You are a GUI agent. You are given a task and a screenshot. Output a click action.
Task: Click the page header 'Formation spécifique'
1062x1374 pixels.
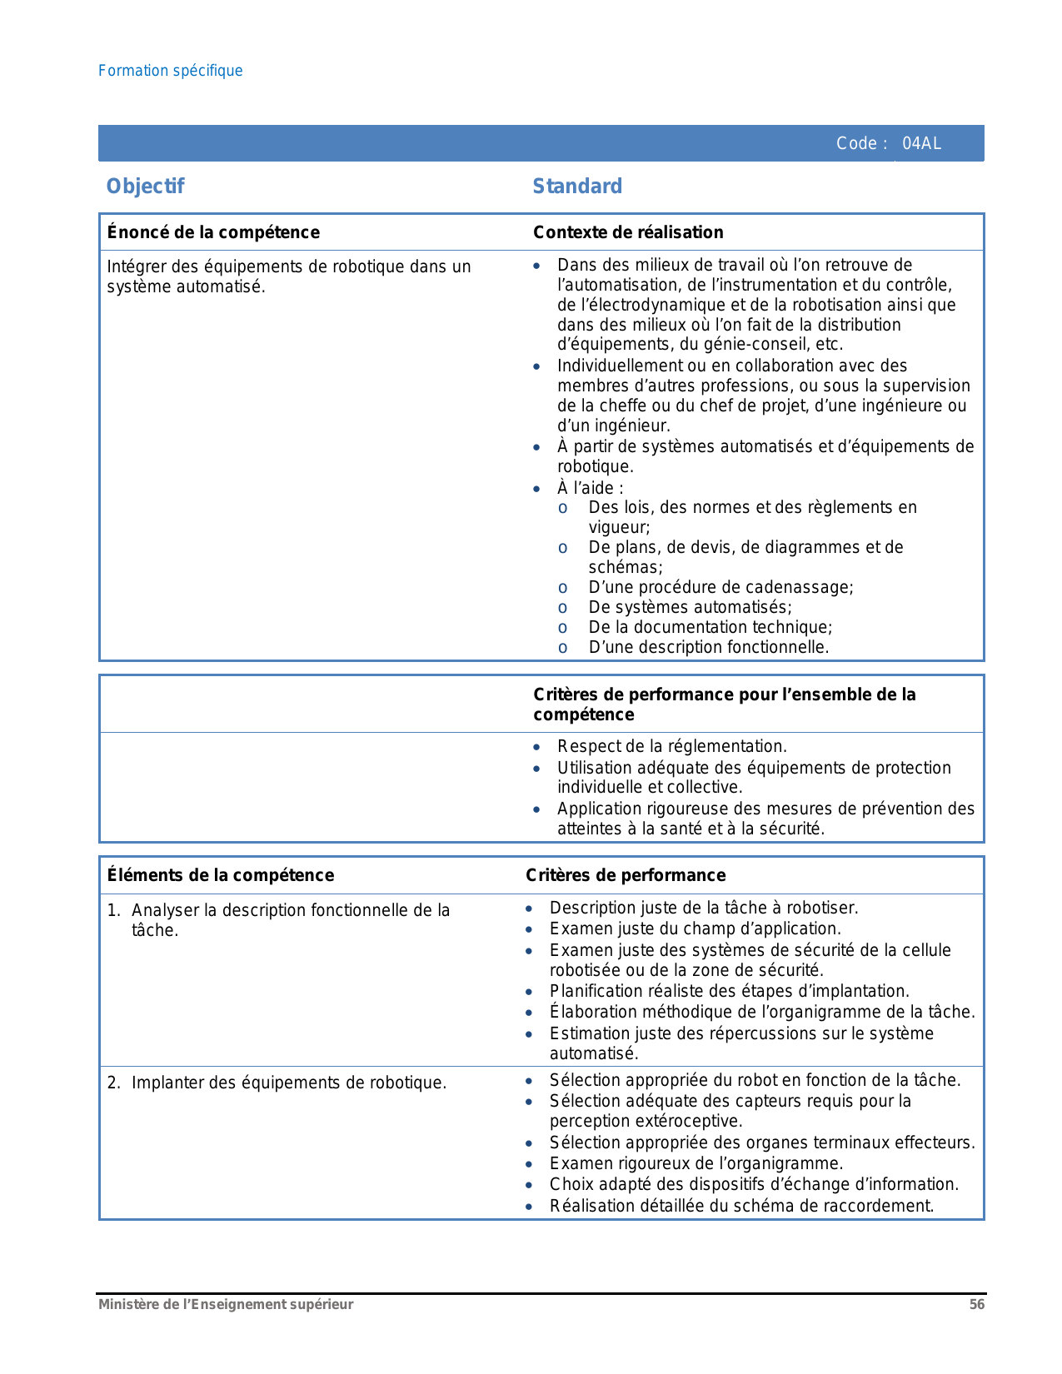pyautogui.click(x=170, y=71)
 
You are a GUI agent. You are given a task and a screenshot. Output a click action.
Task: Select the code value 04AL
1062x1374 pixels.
pyautogui.click(x=921, y=143)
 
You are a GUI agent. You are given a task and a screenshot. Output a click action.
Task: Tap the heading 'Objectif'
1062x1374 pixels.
pyautogui.click(x=145, y=187)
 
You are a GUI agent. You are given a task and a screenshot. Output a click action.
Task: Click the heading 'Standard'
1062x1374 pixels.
pyautogui.click(x=577, y=187)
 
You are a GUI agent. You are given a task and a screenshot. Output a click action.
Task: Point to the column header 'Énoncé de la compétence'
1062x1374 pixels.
pyautogui.click(x=213, y=232)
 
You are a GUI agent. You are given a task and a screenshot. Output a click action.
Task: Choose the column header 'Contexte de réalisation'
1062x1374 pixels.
pyautogui.click(x=628, y=232)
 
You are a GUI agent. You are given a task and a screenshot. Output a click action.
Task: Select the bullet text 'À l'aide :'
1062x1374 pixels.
pyautogui.click(x=590, y=488)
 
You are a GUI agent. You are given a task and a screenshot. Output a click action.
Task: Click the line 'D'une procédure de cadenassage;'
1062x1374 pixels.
pyautogui.click(x=720, y=587)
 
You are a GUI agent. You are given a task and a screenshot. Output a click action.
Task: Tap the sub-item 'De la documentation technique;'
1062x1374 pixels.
pyautogui.click(x=710, y=627)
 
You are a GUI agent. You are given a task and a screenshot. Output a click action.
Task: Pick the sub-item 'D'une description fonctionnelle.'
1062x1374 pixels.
pyautogui.click(x=708, y=647)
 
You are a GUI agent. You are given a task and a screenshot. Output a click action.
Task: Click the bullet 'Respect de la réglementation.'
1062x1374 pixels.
pyautogui.click(x=671, y=746)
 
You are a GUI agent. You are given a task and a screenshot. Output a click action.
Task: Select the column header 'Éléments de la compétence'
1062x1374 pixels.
pyautogui.click(x=221, y=875)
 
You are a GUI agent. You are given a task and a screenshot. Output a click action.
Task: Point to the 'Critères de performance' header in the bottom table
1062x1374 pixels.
pyautogui.click(x=626, y=875)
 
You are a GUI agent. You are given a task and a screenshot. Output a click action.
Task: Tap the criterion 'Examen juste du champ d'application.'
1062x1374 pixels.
pyautogui.click(x=695, y=928)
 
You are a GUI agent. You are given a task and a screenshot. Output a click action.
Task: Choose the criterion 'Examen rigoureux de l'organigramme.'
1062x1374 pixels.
pyautogui.click(x=696, y=1163)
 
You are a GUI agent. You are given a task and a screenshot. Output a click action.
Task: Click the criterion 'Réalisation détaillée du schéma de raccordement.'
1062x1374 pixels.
pyautogui.click(x=741, y=1206)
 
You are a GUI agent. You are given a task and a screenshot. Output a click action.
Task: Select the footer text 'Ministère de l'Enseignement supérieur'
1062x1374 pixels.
pyautogui.click(x=226, y=1305)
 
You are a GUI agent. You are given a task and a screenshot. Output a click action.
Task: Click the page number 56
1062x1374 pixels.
pyautogui.click(x=976, y=1305)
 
